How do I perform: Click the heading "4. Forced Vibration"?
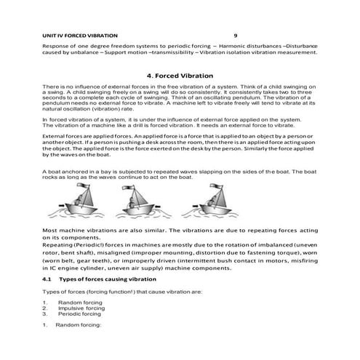point(180,76)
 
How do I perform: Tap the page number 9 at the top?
point(235,34)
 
